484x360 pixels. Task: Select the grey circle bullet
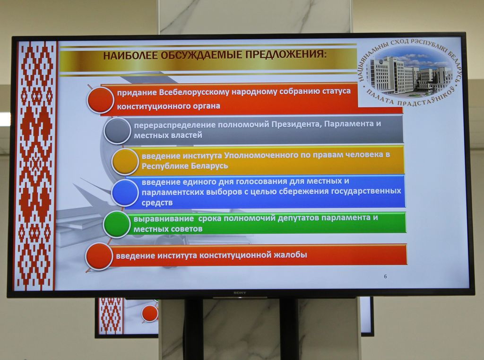(x=117, y=131)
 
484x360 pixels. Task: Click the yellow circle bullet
(x=125, y=161)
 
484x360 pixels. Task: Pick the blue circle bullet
(x=125, y=193)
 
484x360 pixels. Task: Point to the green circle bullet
(x=117, y=224)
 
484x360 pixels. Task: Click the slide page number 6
(x=385, y=277)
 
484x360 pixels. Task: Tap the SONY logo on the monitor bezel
(x=240, y=293)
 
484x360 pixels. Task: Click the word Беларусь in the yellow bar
(x=209, y=166)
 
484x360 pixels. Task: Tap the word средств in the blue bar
(x=157, y=203)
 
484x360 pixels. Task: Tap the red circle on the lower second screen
(x=150, y=313)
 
